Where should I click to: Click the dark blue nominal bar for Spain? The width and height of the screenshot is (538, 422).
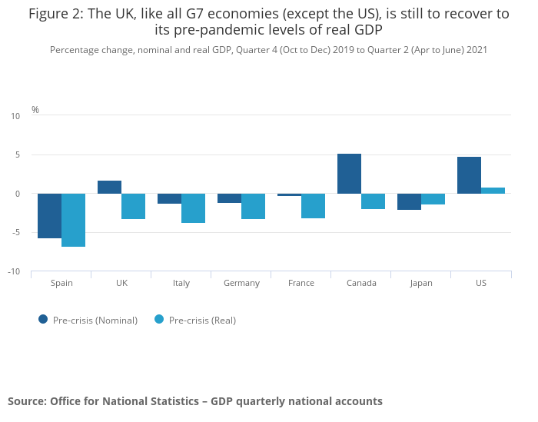pos(49,216)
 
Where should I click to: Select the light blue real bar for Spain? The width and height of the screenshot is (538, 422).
pos(73,220)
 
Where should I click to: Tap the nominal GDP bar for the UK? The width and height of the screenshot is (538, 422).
pos(109,187)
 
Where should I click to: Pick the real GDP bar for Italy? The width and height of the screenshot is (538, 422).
pos(193,208)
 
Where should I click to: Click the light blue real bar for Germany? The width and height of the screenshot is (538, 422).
pos(253,206)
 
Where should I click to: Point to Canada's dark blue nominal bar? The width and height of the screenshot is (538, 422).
pos(349,174)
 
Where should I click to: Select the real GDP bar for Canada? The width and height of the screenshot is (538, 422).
pos(373,201)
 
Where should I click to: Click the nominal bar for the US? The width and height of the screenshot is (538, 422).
pos(469,175)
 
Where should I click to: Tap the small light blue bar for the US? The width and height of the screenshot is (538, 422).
pos(493,191)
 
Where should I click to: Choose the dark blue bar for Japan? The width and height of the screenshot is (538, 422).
pos(409,201)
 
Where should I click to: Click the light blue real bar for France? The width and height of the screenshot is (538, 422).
pos(313,206)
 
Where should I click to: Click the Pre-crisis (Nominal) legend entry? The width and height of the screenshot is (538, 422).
pos(88,321)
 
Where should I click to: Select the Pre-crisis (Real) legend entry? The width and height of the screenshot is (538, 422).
pos(195,321)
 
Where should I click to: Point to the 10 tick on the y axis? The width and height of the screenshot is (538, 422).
pos(15,116)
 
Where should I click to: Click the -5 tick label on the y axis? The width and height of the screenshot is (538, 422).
pos(15,233)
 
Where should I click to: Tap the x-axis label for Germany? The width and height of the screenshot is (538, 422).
pos(241,283)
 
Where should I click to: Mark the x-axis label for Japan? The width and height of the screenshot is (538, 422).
pos(420,283)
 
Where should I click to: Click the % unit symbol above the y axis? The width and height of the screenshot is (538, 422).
pos(35,110)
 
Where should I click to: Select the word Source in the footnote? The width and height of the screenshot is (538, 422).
pos(26,401)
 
